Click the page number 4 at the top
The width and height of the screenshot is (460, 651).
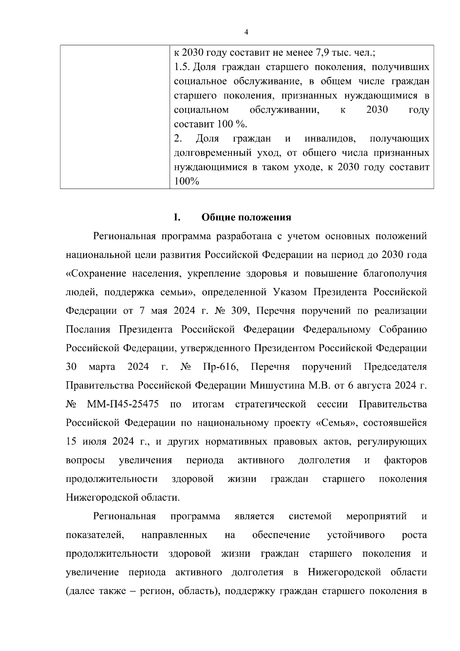click(x=246, y=32)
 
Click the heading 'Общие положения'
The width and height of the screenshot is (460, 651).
click(x=246, y=218)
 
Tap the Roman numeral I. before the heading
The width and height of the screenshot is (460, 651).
click(x=177, y=218)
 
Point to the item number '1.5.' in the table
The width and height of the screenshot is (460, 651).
click(x=182, y=67)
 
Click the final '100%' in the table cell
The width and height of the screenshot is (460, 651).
click(x=186, y=182)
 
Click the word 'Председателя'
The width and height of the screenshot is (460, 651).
click(x=395, y=367)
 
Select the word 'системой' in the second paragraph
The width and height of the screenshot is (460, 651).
click(x=310, y=516)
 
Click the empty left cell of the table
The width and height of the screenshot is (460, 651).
click(x=115, y=117)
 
